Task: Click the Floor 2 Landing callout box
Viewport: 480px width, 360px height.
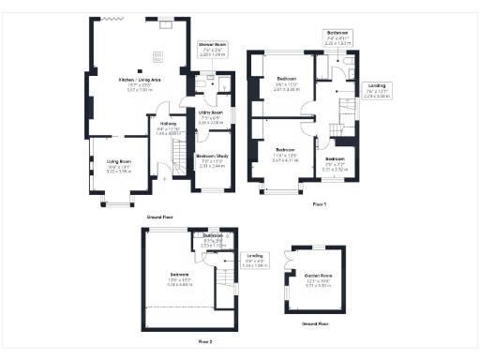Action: click(255, 260)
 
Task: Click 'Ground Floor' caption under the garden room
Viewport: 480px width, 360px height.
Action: click(315, 323)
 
